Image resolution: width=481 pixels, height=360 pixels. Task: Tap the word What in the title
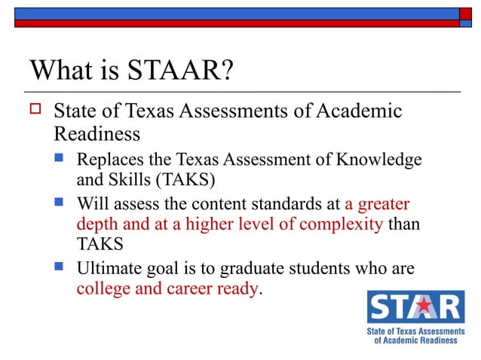61,72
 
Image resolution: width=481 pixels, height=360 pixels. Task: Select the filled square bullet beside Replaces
63,160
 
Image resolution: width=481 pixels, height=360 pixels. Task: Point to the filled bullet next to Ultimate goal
63,268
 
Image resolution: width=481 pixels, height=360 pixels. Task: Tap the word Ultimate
109,268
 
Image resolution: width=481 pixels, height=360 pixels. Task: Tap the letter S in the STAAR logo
378,308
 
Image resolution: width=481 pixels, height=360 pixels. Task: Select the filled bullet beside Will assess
63,203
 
